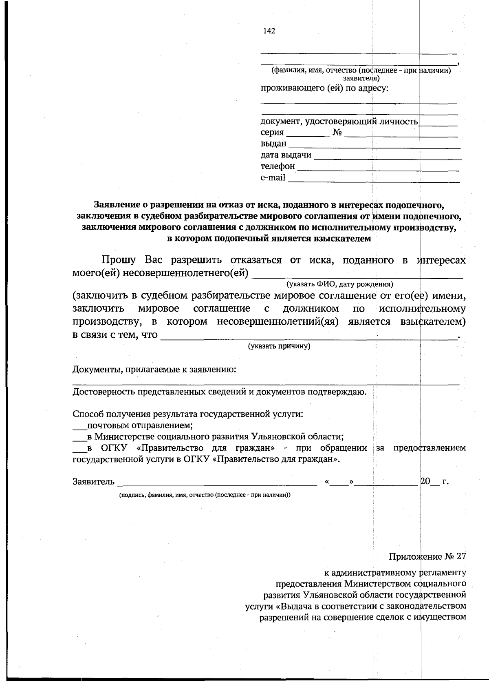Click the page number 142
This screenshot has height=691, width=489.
(x=269, y=31)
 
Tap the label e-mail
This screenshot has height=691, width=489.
(x=273, y=178)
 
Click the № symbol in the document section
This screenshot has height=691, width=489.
(x=337, y=133)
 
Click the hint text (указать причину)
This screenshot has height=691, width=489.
(x=280, y=346)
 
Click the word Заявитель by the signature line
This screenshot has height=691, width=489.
(x=93, y=482)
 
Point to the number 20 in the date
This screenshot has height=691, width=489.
(x=425, y=481)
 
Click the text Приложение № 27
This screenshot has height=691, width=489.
(x=427, y=557)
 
